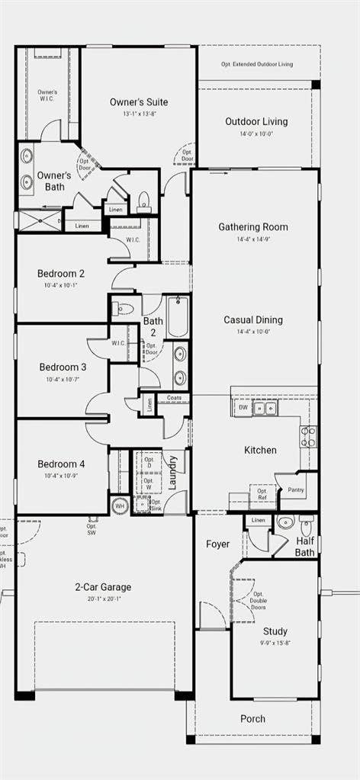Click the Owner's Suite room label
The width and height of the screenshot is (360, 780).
(138, 102)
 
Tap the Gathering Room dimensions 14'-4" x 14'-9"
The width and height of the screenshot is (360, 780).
(253, 239)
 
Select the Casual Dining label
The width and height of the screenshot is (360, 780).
(253, 319)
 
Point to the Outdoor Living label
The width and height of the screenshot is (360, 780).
(257, 122)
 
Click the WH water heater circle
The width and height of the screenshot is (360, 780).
(119, 505)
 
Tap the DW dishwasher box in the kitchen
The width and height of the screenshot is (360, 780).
(243, 408)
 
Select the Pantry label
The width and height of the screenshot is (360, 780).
(296, 490)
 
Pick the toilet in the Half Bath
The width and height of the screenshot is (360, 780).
(307, 525)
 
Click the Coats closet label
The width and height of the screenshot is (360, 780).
(173, 397)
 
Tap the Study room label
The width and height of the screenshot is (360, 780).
(275, 631)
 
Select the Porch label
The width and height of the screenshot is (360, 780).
(253, 718)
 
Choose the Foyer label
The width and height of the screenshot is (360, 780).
(218, 544)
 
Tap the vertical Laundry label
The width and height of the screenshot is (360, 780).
(174, 473)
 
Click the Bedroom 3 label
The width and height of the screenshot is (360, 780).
(63, 367)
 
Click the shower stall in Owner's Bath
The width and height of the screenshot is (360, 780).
(38, 222)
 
